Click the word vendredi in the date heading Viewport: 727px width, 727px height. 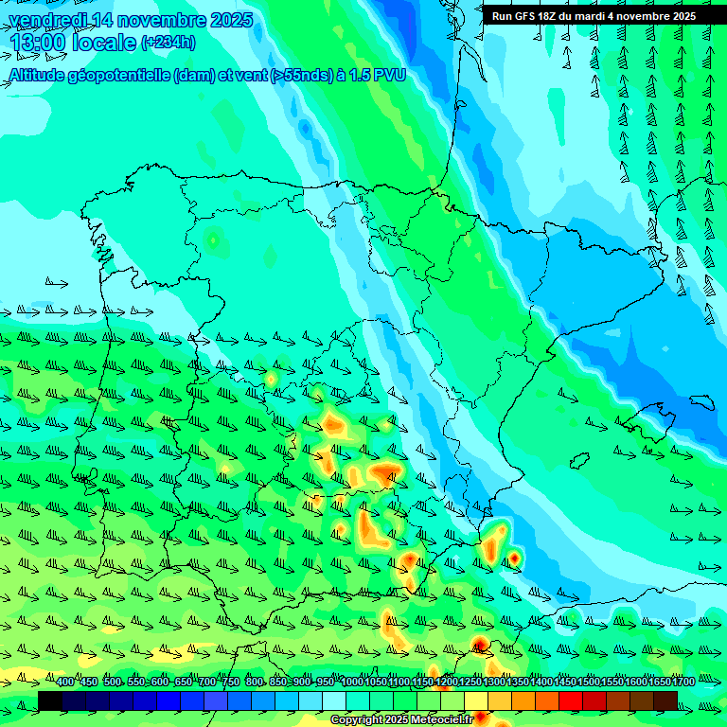(x=48, y=20)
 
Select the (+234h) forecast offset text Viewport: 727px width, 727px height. (x=168, y=42)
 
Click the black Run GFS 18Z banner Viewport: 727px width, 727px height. (x=594, y=15)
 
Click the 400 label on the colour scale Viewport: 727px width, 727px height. (x=64, y=683)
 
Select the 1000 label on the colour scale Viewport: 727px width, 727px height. (x=351, y=683)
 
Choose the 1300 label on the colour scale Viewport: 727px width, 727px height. (x=493, y=683)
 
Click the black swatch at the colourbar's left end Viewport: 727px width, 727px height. (x=50, y=700)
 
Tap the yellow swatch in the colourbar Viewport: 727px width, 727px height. (x=476, y=700)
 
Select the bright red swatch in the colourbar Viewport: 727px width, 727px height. (x=571, y=700)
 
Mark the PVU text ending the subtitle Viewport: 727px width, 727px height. (x=388, y=75)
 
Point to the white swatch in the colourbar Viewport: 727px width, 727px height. (x=334, y=700)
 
